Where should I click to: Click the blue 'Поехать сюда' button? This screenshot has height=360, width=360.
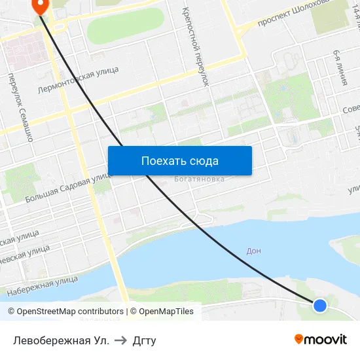(179, 160)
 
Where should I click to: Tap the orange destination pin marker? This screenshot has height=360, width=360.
(40, 5)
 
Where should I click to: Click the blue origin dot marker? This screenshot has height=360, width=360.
(319, 305)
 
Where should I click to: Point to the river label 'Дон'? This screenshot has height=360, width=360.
(254, 251)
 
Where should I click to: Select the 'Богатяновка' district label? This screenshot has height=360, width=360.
(200, 179)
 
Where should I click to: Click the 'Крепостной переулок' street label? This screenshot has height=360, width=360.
(195, 46)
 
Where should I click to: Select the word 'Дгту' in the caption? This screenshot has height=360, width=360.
(144, 340)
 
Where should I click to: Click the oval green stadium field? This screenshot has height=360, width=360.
(124, 24)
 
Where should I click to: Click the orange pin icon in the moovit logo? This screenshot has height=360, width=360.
(299, 339)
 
